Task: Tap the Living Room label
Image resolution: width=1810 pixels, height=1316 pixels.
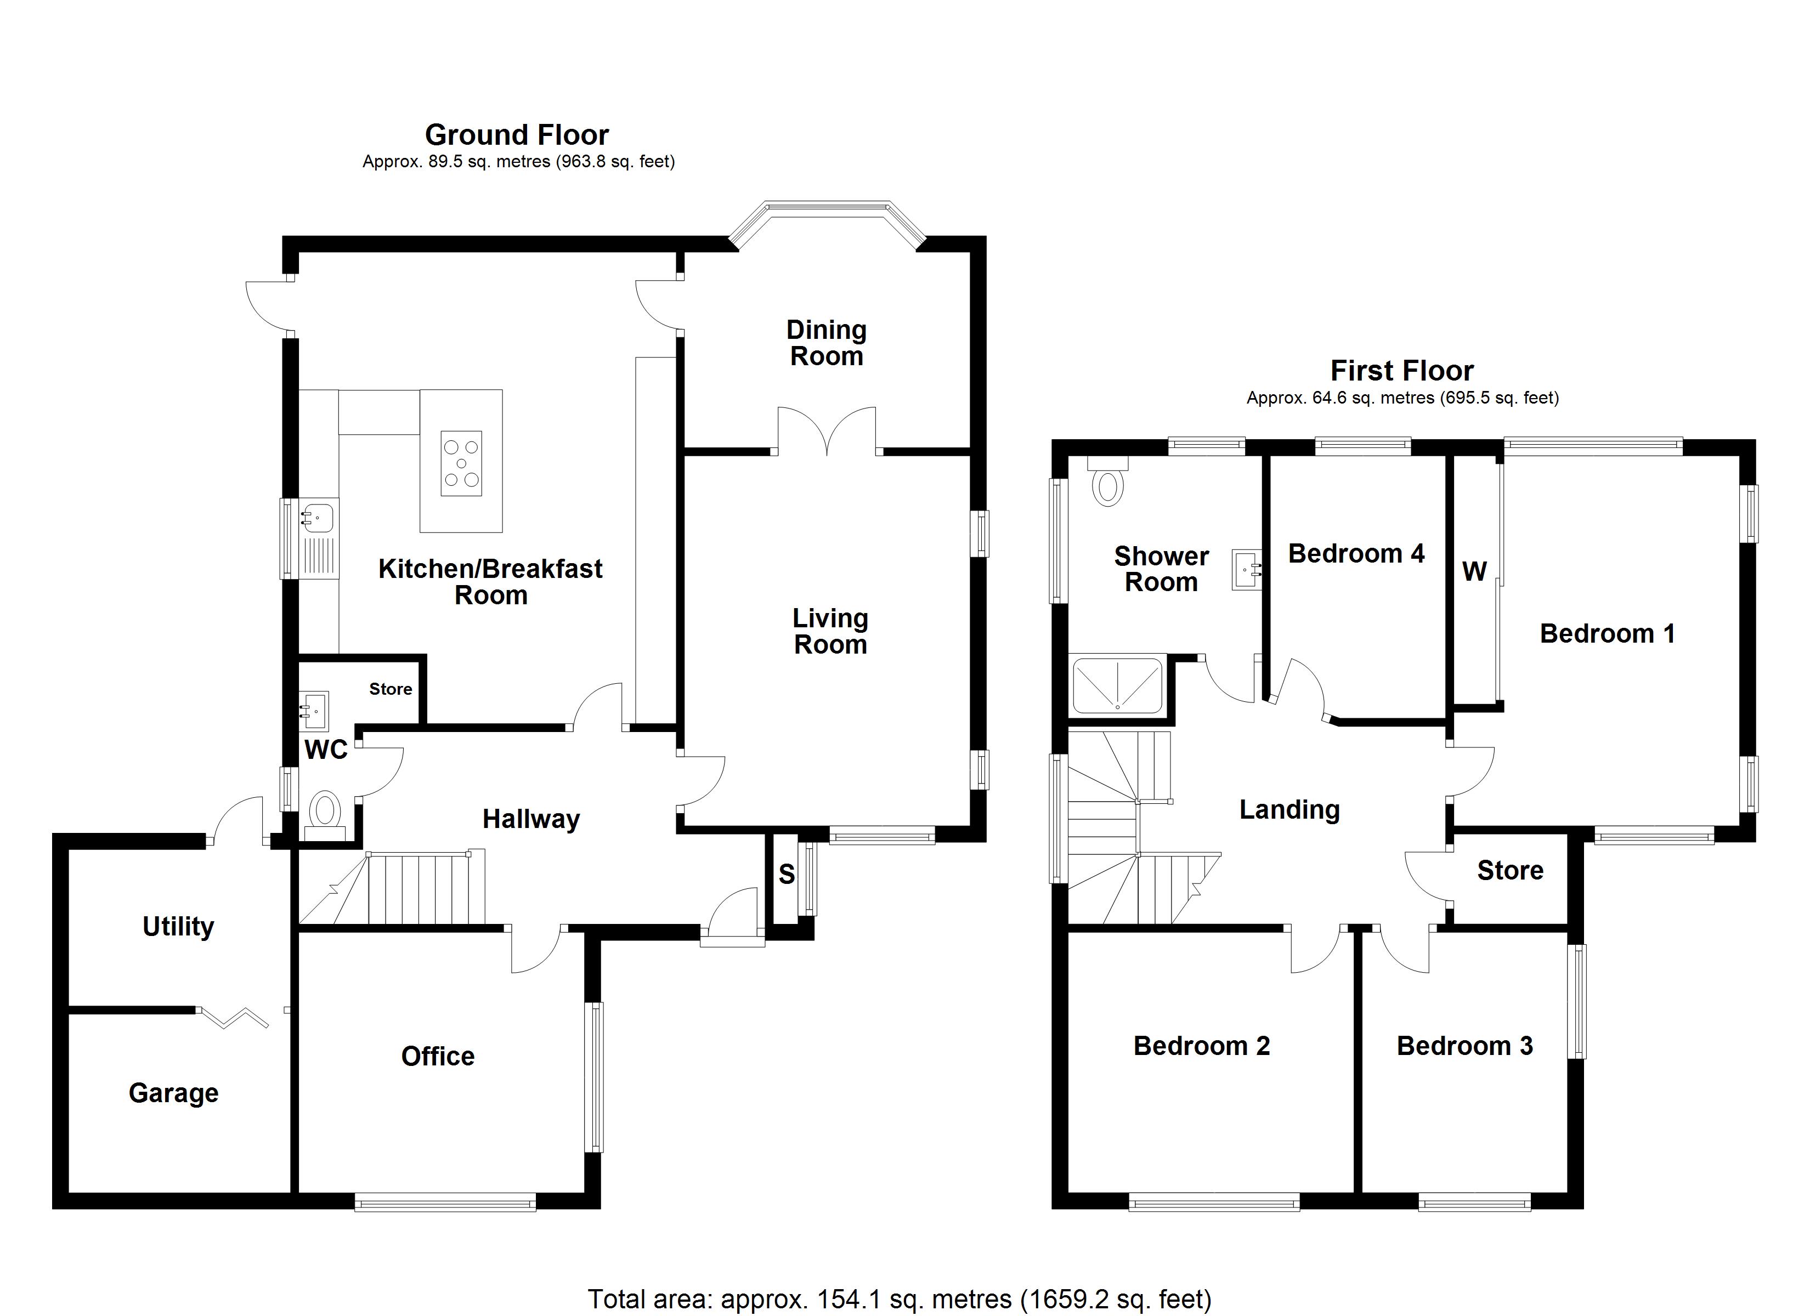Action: (x=830, y=631)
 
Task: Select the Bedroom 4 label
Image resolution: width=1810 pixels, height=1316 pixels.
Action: (x=1355, y=553)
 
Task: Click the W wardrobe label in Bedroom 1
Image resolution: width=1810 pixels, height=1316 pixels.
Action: (x=1474, y=571)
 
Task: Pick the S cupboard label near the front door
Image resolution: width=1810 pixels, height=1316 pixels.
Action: (x=786, y=875)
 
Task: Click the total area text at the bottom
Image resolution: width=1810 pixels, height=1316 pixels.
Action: (x=900, y=1298)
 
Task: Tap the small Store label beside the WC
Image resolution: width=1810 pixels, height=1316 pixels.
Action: (x=391, y=689)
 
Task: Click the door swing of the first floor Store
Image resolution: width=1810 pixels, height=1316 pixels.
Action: (x=1427, y=878)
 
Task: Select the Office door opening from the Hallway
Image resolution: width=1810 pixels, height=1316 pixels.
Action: (x=536, y=950)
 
